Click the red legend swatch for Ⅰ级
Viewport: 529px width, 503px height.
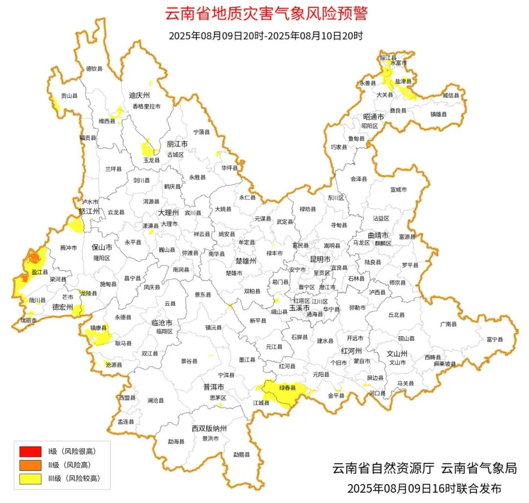tap(30, 451)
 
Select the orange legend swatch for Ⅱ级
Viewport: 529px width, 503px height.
tap(30, 465)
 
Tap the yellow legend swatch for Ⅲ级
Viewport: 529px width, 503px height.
tap(30, 479)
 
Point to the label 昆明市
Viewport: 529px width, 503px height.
tap(320, 258)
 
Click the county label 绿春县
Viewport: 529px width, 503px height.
tap(288, 388)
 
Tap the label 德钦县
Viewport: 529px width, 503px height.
tap(95, 69)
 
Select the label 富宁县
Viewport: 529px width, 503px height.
tap(495, 339)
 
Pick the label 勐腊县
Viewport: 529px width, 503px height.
tap(241, 455)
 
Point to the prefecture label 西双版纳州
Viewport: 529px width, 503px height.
tap(209, 429)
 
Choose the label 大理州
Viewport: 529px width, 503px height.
tap(169, 213)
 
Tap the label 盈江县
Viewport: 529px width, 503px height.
tap(40, 272)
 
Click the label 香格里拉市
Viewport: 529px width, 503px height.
tap(146, 106)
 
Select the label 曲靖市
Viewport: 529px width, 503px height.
tap(378, 235)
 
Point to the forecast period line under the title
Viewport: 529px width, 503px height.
tap(266, 36)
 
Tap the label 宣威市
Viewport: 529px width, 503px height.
tap(398, 189)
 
